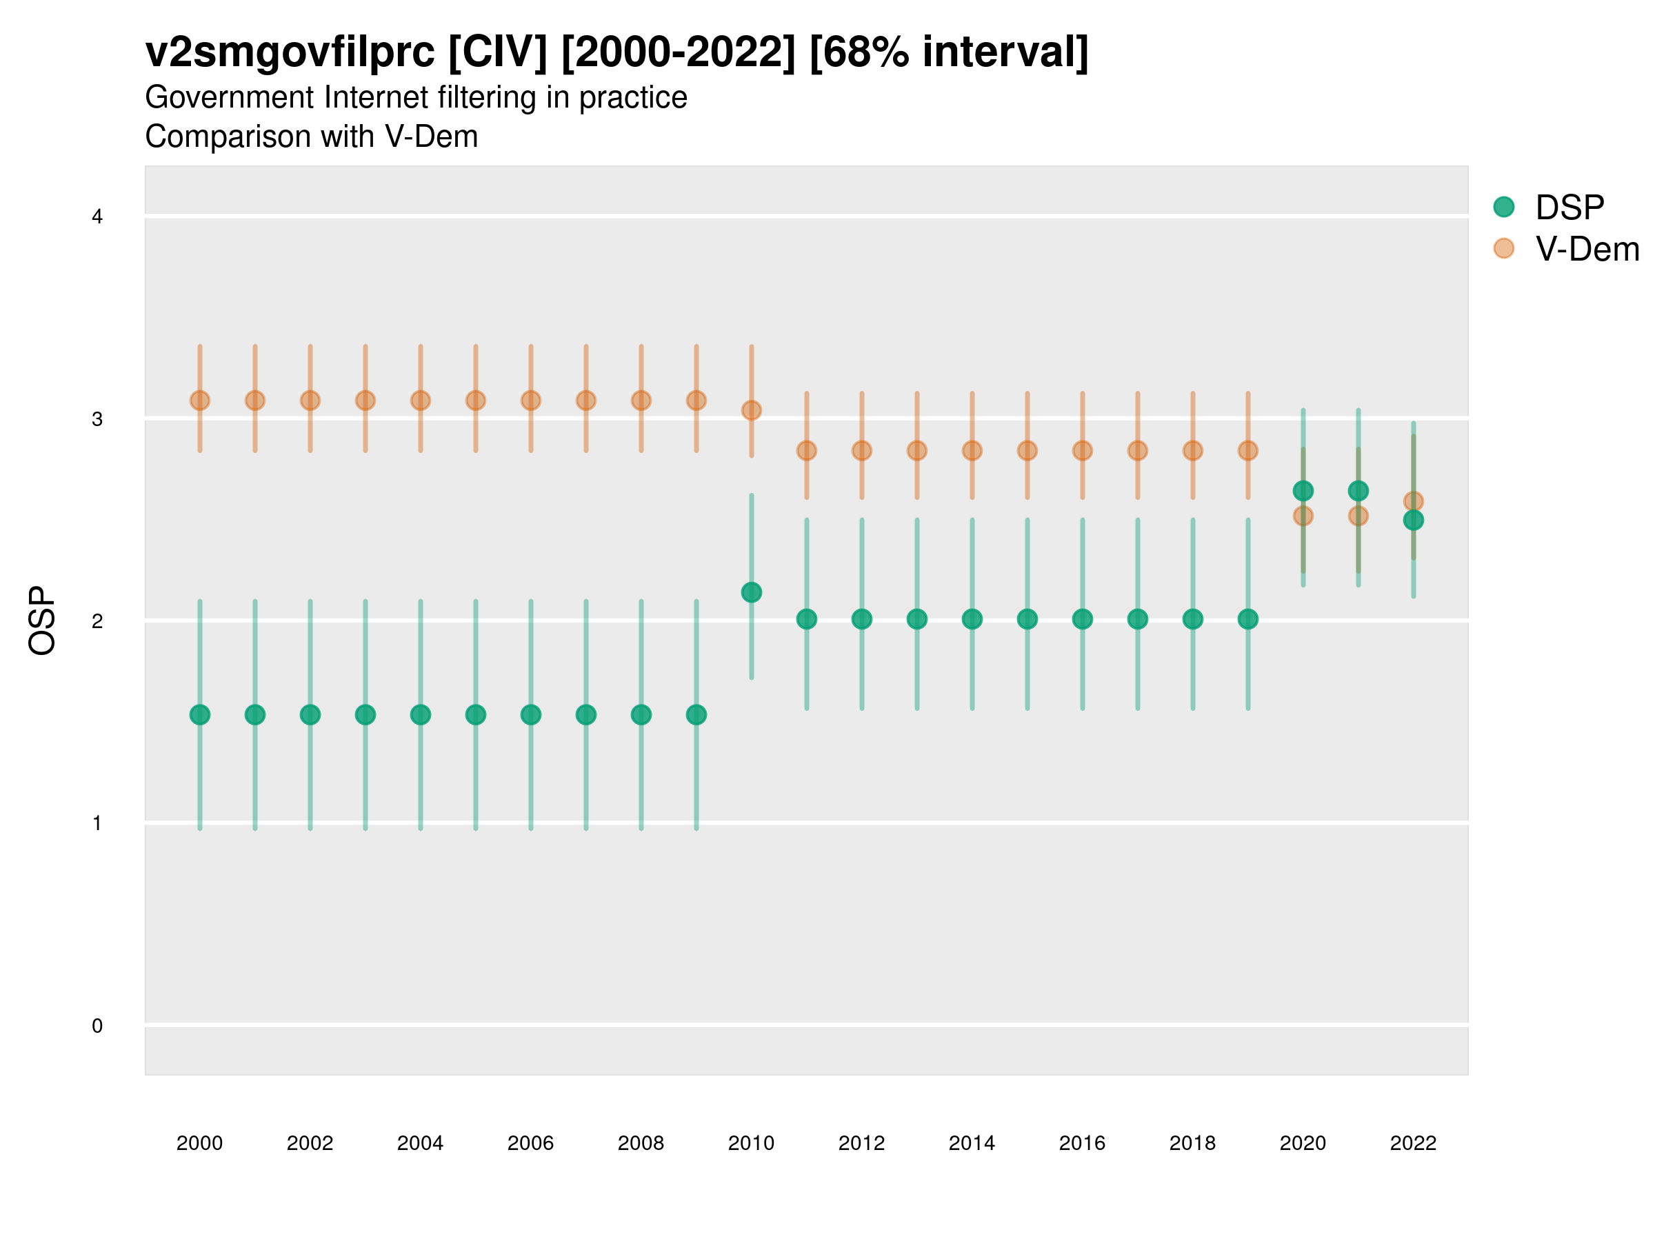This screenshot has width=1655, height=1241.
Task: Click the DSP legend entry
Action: tap(1569, 208)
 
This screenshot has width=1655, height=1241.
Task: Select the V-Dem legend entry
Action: tap(1586, 249)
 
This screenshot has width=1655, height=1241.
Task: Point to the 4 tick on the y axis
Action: tap(97, 217)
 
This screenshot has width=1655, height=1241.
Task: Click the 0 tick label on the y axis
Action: tap(97, 1026)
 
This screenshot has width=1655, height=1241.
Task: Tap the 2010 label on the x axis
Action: tap(751, 1143)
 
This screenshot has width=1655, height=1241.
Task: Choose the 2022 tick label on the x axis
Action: tap(1412, 1143)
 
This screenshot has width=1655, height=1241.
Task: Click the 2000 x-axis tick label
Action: tap(200, 1143)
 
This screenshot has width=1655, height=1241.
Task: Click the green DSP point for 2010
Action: tap(751, 592)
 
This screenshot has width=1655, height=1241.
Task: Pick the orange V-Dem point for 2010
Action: tap(751, 410)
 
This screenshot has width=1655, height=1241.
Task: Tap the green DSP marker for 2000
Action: tap(200, 714)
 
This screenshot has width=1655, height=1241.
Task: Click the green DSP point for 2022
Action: tap(1412, 520)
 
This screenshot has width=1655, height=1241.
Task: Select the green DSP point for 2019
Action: tap(1247, 618)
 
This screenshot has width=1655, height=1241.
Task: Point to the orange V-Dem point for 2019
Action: tap(1247, 450)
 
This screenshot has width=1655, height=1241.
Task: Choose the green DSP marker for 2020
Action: tap(1303, 491)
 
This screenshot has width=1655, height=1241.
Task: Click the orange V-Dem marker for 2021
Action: tap(1358, 516)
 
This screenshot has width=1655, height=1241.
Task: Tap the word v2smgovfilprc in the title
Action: tap(290, 52)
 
